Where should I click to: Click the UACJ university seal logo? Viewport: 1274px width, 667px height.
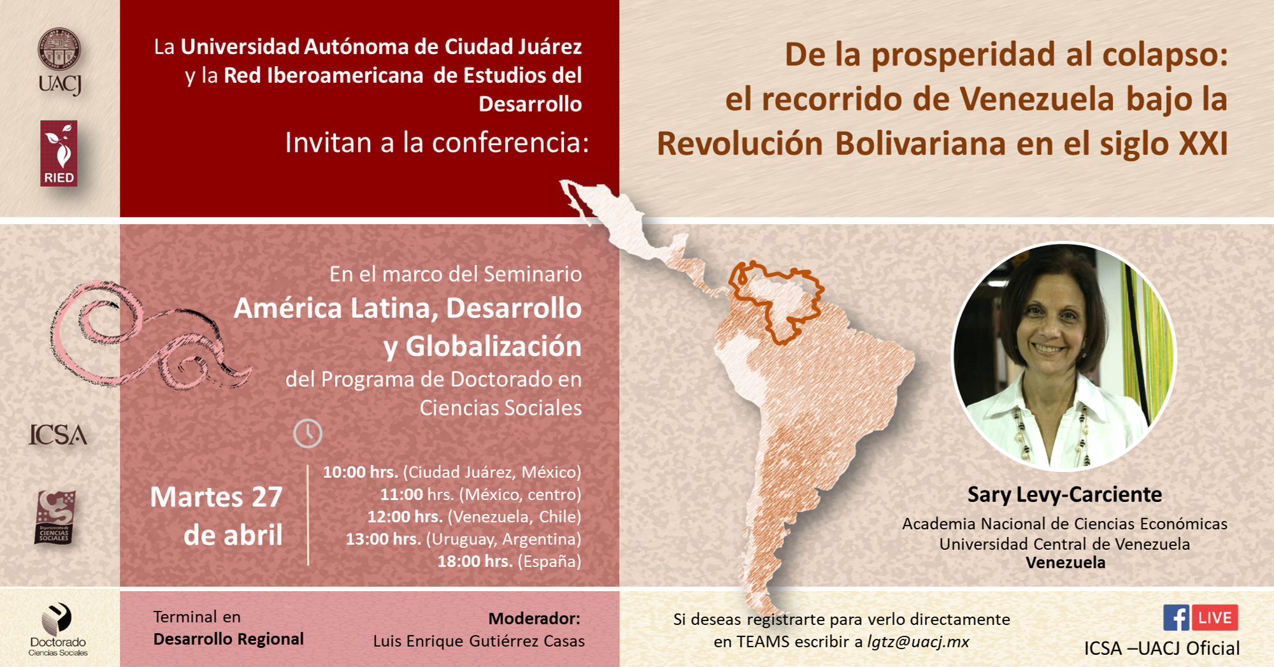pos(59,61)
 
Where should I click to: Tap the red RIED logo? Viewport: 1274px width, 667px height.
pos(59,154)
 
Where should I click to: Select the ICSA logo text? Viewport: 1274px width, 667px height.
pos(58,435)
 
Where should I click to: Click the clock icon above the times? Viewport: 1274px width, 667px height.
pos(308,433)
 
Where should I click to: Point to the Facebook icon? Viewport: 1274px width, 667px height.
pos(1176,618)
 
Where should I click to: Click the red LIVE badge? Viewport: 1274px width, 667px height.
pos(1215,618)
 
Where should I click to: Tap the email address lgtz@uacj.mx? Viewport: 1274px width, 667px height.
pos(918,642)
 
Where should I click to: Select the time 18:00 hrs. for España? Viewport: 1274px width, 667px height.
pos(475,561)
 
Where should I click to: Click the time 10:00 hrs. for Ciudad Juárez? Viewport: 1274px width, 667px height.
pos(360,472)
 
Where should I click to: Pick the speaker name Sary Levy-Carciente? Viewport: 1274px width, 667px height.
pos(1064,494)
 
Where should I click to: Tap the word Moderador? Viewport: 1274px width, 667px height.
pos(534,619)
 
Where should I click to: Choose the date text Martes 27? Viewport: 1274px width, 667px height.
pos(217,497)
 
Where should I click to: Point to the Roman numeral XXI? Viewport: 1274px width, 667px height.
pos(1203,143)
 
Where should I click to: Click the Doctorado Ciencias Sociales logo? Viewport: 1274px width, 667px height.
pos(58,629)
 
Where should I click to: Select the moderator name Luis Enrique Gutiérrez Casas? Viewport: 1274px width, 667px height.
pos(479,641)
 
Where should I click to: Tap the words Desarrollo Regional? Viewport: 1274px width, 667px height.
pos(229,639)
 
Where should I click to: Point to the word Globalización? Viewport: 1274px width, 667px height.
pos(494,347)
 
